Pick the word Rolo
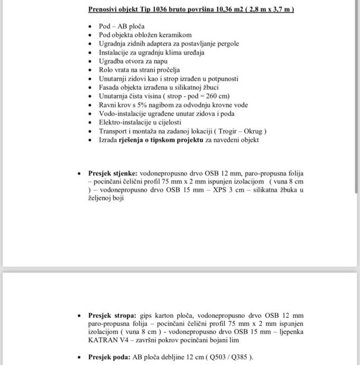106,70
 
